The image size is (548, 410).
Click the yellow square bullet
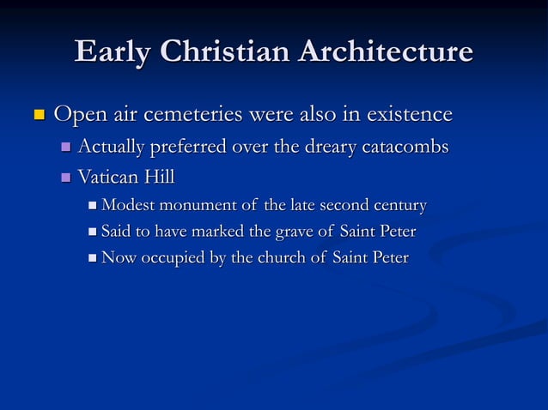[x=37, y=114]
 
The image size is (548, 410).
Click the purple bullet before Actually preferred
[x=67, y=148]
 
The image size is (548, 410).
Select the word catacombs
[x=405, y=148]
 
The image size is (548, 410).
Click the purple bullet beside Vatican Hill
[x=67, y=178]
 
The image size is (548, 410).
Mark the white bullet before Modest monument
[x=93, y=206]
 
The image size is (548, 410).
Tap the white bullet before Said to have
[x=93, y=232]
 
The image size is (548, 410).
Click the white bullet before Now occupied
[x=93, y=257]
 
